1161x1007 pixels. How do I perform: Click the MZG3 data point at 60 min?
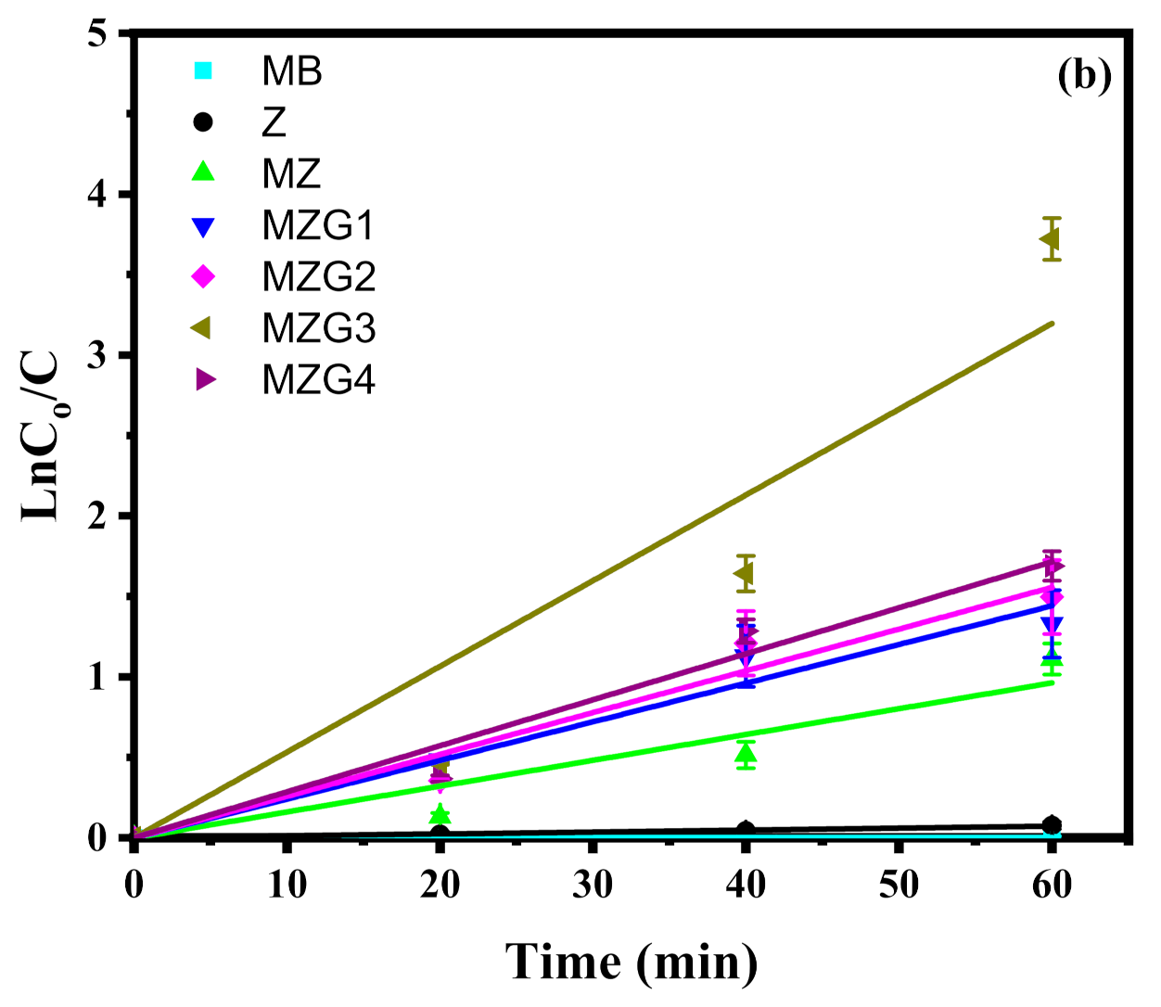[1050, 239]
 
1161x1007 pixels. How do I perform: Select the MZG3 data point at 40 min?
[744, 574]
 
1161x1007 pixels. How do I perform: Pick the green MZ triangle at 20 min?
[440, 815]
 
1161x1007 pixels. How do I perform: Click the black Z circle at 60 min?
[1052, 825]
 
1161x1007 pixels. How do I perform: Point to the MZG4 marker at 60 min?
[1053, 566]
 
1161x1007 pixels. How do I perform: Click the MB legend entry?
[291, 71]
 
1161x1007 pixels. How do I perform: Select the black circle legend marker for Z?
[203, 122]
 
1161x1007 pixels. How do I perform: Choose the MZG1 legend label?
[318, 225]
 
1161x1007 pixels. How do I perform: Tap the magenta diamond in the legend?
[203, 276]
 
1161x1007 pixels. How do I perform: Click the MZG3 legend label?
[318, 328]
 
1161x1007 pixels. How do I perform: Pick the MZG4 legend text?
[318, 380]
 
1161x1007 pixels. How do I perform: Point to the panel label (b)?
[1083, 76]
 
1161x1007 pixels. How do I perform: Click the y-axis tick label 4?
[96, 196]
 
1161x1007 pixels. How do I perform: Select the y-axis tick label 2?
[96, 516]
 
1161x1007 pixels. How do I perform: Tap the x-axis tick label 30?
[593, 885]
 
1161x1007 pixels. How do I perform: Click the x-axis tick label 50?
[898, 885]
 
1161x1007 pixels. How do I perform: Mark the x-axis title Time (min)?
[632, 962]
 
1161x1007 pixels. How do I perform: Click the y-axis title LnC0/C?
[43, 436]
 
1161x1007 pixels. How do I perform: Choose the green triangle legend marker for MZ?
[203, 173]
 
